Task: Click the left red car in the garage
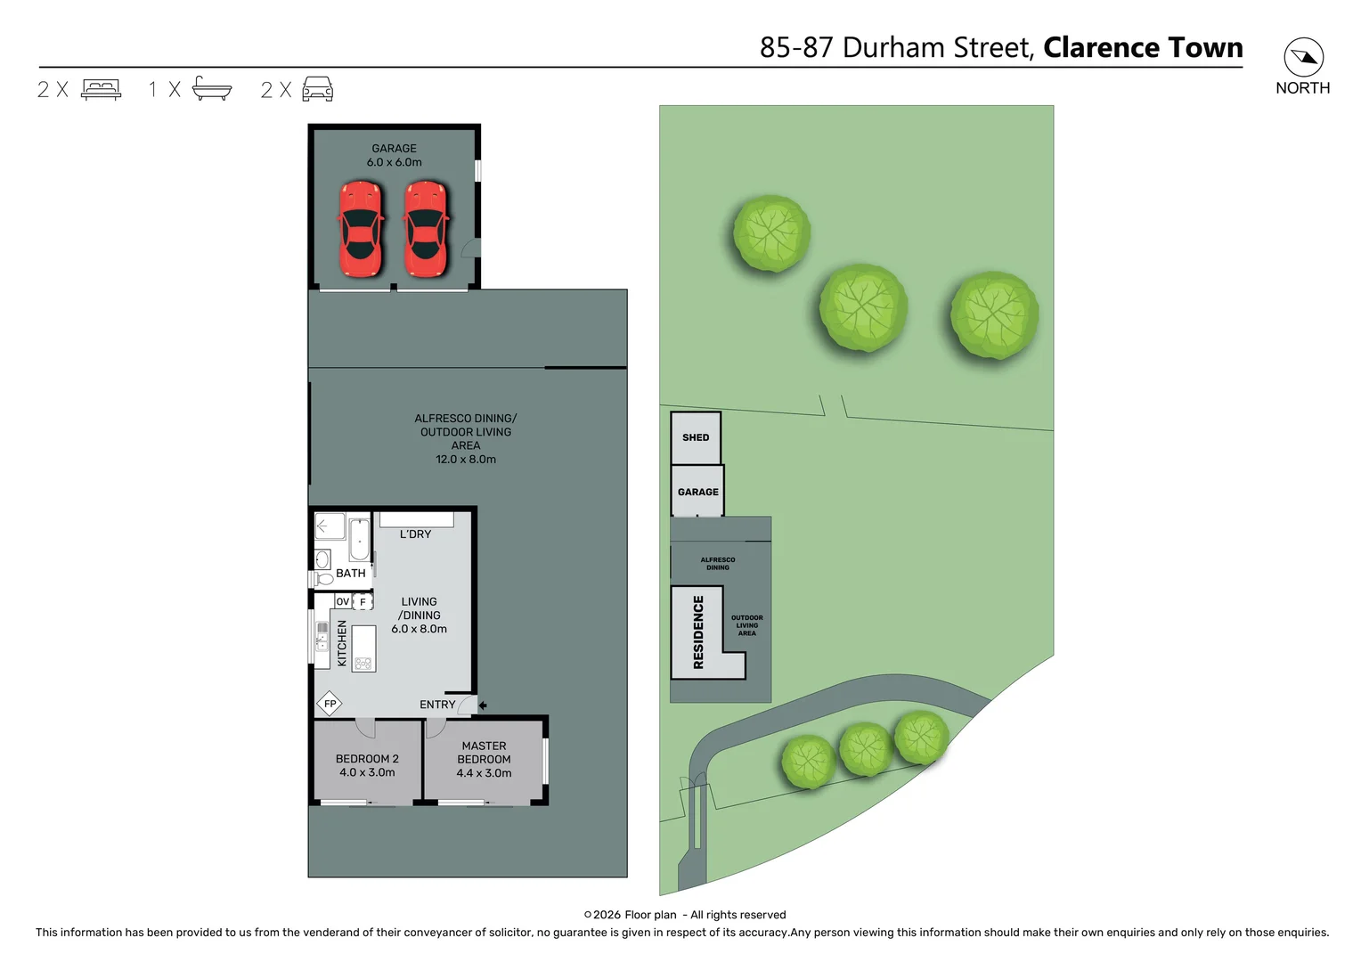coord(361,230)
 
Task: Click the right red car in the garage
coord(426,230)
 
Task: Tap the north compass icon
coord(1303,58)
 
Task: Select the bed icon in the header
coord(101,89)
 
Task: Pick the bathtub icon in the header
coord(212,89)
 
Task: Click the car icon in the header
coord(317,89)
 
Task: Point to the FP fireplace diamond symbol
coord(330,704)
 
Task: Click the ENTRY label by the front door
coord(437,705)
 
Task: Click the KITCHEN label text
coord(342,643)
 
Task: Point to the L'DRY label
coord(415,534)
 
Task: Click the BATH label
coord(350,574)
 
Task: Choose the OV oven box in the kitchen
coord(343,602)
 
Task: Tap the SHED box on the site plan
coord(696,437)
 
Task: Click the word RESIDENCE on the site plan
coord(698,632)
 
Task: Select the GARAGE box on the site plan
coord(697,492)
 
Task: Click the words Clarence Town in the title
coord(1143,47)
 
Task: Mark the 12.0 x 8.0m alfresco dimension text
coord(466,460)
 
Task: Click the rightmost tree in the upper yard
coord(994,314)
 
